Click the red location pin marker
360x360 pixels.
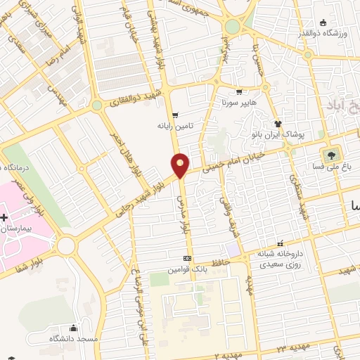click(x=181, y=165)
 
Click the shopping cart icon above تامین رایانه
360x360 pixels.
click(x=175, y=115)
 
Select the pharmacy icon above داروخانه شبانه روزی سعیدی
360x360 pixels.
click(x=279, y=243)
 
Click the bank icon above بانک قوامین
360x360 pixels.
click(x=186, y=258)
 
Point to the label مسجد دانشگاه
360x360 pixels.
click(x=72, y=339)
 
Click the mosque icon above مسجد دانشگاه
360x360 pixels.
click(x=73, y=328)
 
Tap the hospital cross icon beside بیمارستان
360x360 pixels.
click(x=4, y=219)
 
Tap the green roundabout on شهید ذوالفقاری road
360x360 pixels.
click(x=96, y=105)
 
